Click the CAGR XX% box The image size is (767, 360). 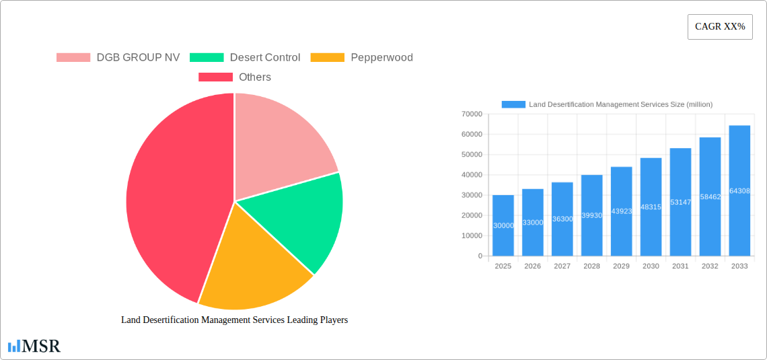[720, 27]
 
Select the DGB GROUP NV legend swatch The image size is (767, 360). [73, 58]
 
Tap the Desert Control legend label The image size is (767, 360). [265, 58]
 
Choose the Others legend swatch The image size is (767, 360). [215, 77]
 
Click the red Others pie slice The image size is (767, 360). [168, 202]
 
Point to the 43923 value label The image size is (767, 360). [621, 211]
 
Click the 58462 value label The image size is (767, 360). [710, 197]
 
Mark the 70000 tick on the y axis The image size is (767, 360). [472, 114]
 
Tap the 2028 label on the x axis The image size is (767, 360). [591, 266]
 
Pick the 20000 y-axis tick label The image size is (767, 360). [472, 215]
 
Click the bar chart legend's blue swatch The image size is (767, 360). [513, 104]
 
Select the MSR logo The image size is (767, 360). [34, 347]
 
